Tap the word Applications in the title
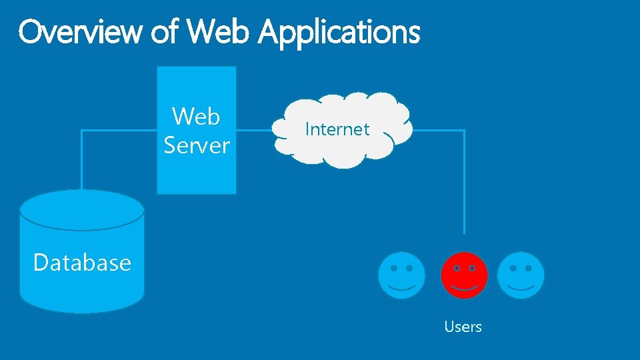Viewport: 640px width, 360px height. pos(339,32)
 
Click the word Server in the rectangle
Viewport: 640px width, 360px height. pos(197,145)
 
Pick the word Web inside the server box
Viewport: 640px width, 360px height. pos(196,116)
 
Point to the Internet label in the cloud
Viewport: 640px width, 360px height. pos(337,129)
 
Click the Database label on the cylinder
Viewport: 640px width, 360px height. pos(82,263)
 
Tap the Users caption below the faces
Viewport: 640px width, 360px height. pos(463,327)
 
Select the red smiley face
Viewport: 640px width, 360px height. pos(465,275)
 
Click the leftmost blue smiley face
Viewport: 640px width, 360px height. pos(401,275)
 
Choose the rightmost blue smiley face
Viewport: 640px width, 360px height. pos(521,275)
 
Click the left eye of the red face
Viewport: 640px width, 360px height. pos(457,268)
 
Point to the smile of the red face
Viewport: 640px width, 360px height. pos(465,287)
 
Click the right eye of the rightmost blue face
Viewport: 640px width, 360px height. pos(529,268)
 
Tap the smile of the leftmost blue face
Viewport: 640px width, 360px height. pos(401,287)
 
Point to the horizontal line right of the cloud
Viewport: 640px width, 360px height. pos(437,131)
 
